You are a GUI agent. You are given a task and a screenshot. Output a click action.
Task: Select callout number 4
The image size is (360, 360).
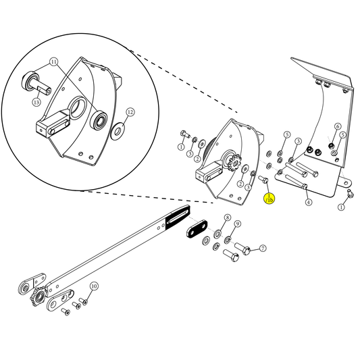[x=308, y=202]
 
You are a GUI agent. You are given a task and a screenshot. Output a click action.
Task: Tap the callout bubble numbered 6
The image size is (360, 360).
[x=337, y=126]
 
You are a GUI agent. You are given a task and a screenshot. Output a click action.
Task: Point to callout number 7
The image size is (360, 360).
[x=263, y=249]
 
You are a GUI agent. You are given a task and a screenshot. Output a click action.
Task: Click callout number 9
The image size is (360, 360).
[x=238, y=224]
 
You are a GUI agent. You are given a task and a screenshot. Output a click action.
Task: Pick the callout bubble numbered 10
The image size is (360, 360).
[x=94, y=286]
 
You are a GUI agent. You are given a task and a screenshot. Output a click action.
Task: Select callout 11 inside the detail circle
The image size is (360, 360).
[x=54, y=62]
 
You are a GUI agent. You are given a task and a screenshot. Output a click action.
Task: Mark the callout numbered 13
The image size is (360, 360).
[x=36, y=102]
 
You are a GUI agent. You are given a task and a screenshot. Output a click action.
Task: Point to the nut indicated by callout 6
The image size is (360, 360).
[x=331, y=145]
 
